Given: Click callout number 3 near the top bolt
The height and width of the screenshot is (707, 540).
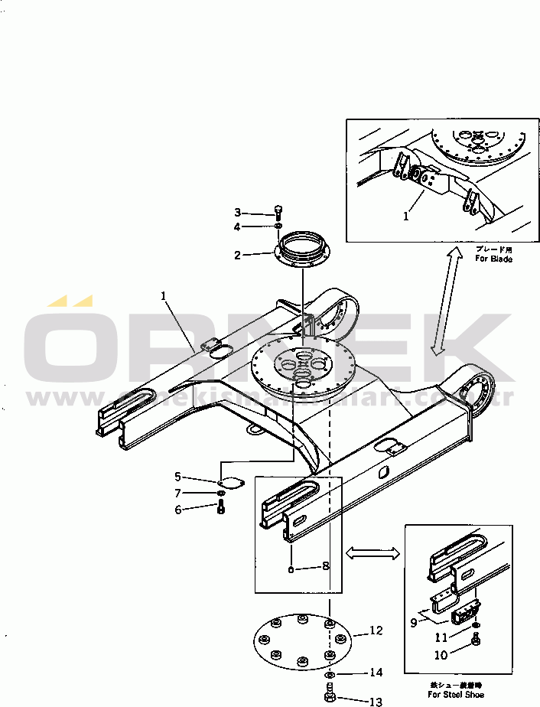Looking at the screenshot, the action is [x=238, y=213].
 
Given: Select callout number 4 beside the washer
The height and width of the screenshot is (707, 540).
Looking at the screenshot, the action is [x=238, y=226].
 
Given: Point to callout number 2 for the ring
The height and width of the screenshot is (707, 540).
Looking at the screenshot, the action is [x=238, y=255].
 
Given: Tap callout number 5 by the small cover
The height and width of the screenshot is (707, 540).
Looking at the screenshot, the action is [x=177, y=477].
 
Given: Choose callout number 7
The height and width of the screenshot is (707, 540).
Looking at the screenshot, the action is [x=177, y=494].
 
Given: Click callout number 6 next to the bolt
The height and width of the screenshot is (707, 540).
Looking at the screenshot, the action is [x=177, y=509].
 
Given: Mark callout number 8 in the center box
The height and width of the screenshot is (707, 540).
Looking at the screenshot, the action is [x=325, y=566].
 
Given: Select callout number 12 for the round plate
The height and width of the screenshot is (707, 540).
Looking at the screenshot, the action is [x=376, y=631].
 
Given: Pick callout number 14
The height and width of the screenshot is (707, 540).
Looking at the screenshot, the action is [x=376, y=673].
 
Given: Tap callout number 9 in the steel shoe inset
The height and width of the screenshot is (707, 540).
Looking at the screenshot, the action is [x=414, y=623].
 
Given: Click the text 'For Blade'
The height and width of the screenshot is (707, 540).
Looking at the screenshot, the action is [x=493, y=259].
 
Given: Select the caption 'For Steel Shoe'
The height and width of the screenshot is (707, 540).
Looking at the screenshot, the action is [x=457, y=695].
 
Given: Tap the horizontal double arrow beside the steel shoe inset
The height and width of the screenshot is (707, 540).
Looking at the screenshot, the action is [x=373, y=552].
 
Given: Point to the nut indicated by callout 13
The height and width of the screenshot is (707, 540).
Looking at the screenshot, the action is [x=330, y=696].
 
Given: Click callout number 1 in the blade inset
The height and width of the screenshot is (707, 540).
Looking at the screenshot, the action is [x=406, y=217].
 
